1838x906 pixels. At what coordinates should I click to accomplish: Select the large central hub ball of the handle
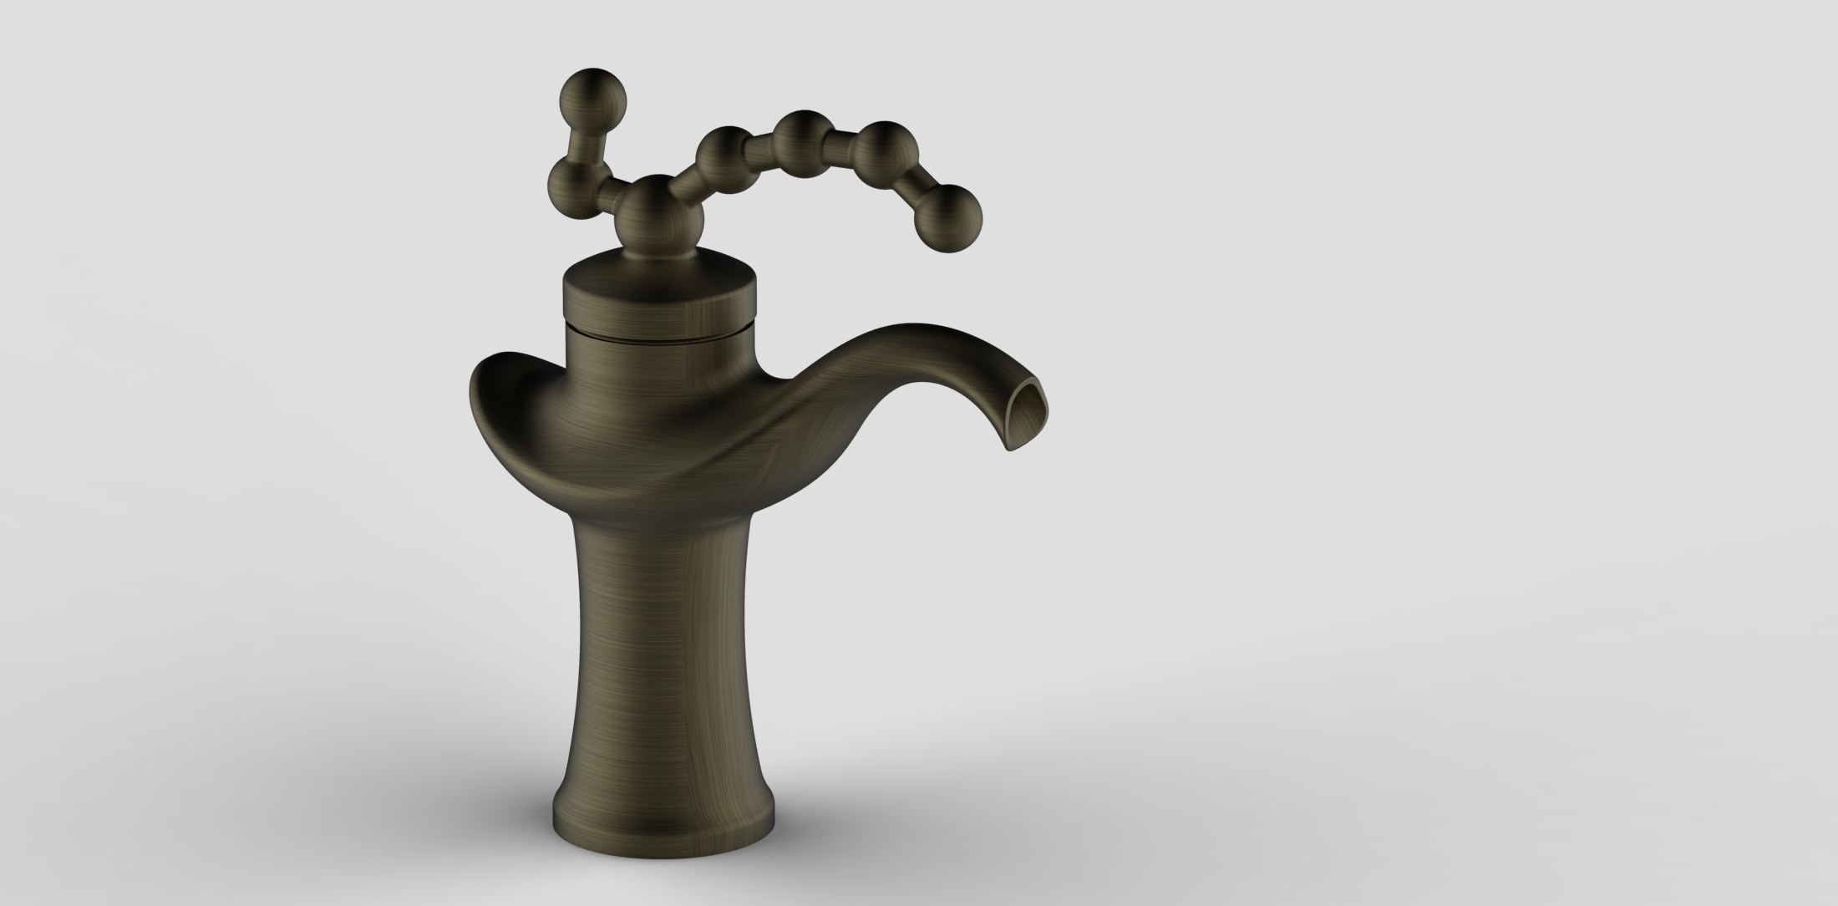point(659,211)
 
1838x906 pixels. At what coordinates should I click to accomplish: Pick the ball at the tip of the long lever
point(947,218)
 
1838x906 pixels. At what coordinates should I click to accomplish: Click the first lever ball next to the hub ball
point(726,158)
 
